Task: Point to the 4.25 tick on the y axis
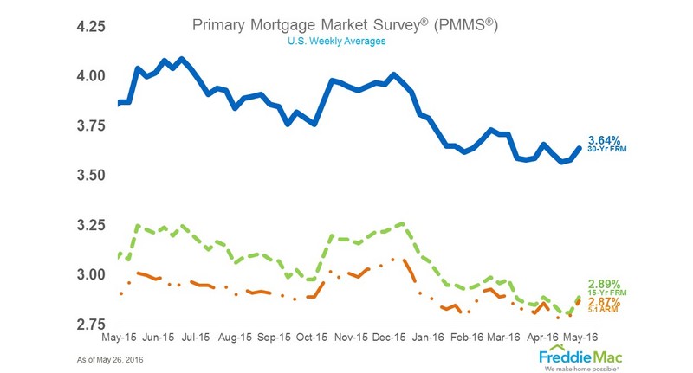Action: click(87, 27)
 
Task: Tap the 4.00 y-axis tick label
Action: click(87, 76)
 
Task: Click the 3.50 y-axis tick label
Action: click(87, 176)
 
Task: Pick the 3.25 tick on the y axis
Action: click(87, 226)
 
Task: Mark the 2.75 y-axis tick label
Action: click(87, 325)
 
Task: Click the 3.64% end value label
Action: click(606, 140)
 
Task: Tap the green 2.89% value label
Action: click(606, 284)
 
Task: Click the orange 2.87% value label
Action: click(606, 300)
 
